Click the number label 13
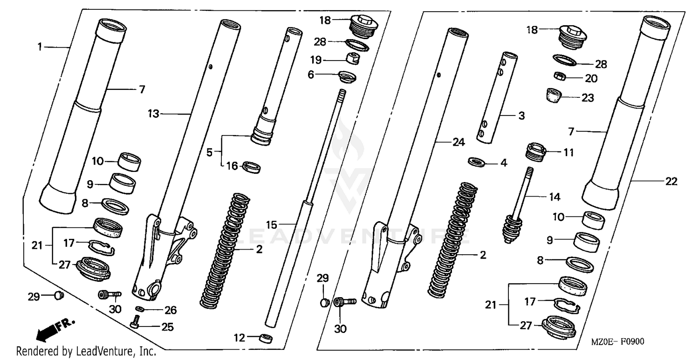pyautogui.click(x=154, y=114)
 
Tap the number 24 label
pyautogui.click(x=459, y=143)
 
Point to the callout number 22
pyautogui.click(x=671, y=182)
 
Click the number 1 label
pyautogui.click(x=40, y=47)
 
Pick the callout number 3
pyautogui.click(x=521, y=115)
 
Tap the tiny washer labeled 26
pyautogui.click(x=139, y=308)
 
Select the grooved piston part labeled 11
pyautogui.click(x=536, y=152)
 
